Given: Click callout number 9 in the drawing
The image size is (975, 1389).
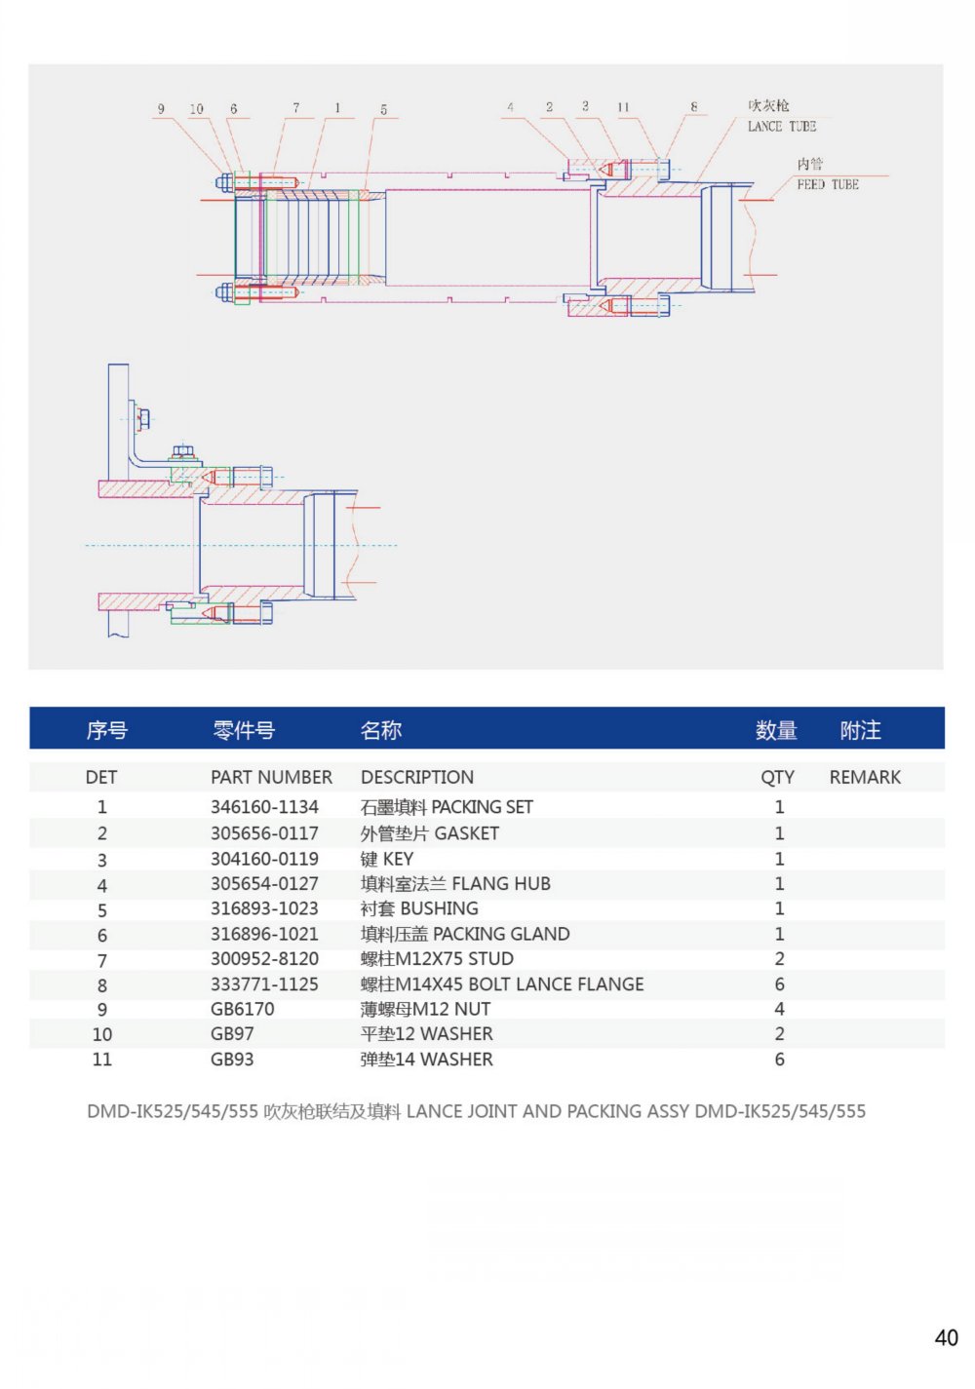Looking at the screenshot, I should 161,109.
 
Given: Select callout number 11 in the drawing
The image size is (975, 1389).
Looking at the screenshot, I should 623,107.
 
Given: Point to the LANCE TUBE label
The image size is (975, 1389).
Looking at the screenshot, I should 781,127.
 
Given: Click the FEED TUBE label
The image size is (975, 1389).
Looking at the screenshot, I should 828,184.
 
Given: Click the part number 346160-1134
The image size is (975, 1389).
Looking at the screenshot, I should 264,807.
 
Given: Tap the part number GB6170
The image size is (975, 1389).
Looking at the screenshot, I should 243,1009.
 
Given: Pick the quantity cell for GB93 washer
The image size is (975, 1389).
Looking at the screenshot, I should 779,1060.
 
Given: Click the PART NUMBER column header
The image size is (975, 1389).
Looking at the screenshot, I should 271,778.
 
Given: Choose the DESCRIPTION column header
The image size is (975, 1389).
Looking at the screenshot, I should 417,778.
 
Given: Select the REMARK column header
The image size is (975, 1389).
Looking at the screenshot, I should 865,778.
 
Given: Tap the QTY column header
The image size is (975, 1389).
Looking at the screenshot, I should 777,778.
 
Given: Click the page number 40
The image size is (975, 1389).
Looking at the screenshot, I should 946,1338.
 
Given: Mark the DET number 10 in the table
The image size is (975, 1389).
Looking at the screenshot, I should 102,1034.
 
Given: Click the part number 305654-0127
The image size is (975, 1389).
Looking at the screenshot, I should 264,884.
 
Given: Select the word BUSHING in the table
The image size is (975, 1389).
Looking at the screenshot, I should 439,908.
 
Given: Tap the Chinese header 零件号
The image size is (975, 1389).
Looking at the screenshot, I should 244,730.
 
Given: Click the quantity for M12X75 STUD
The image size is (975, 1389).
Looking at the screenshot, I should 779,959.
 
